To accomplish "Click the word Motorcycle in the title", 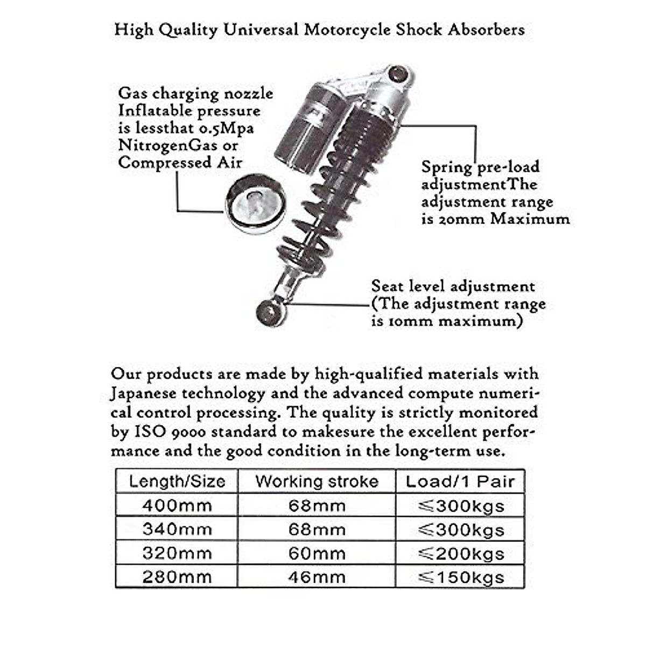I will coord(347,30).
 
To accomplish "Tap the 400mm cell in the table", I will coord(177,505).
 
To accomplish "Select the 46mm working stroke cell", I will coord(317,577).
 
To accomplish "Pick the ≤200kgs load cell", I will coord(461,553).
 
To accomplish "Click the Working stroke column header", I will coord(317,481).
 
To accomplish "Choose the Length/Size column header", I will coord(177,481).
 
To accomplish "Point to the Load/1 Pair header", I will coord(460,481).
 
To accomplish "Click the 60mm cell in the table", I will coord(317,553).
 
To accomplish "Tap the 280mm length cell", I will coord(177,577).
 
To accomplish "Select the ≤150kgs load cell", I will coord(461,577).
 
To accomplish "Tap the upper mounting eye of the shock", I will coord(398,73).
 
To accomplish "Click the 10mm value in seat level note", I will coord(403,321).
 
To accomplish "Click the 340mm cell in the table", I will coord(177,529).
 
